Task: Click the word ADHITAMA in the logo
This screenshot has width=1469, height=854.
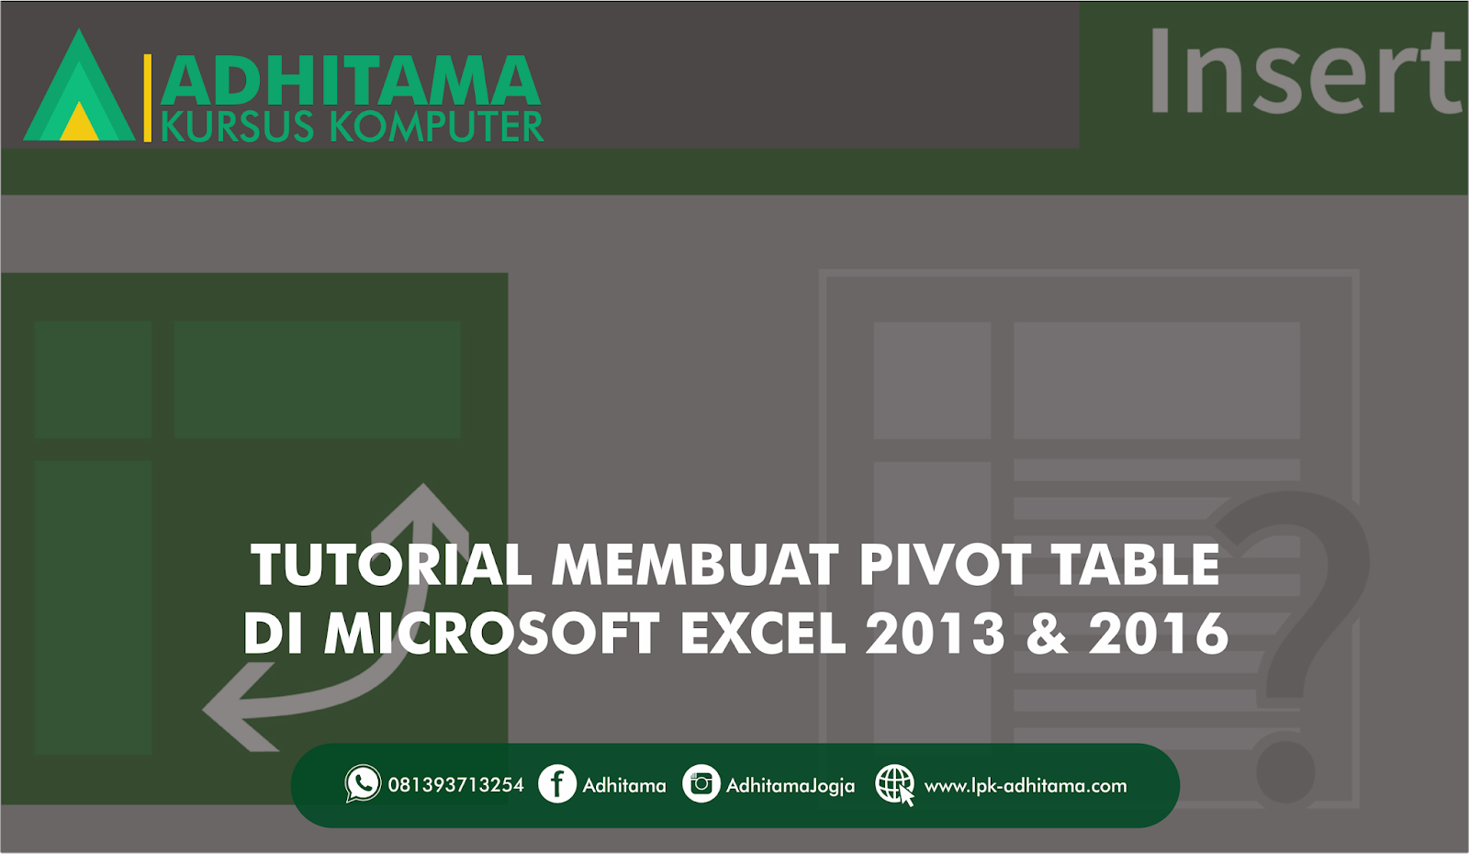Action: [351, 80]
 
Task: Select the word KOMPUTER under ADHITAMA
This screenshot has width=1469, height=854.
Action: [437, 127]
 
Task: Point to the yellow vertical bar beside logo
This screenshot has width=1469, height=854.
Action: [148, 98]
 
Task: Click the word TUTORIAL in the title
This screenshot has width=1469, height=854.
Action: [391, 564]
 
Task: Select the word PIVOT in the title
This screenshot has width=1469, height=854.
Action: [945, 564]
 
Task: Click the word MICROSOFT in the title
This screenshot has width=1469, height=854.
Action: [492, 634]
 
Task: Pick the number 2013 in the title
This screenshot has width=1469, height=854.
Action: [936, 634]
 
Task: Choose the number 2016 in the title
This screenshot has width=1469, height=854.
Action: [1159, 634]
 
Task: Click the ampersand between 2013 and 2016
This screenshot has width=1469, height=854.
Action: [1048, 634]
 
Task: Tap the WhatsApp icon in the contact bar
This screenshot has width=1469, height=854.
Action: [363, 783]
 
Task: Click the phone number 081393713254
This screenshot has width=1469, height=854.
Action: [455, 785]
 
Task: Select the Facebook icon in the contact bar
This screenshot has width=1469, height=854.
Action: [557, 784]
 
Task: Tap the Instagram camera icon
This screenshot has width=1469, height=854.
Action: [701, 784]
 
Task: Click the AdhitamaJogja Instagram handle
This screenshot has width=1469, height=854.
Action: [791, 786]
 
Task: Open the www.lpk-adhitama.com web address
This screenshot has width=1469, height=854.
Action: [1025, 786]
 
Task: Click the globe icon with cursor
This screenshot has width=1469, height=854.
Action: [894, 784]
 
